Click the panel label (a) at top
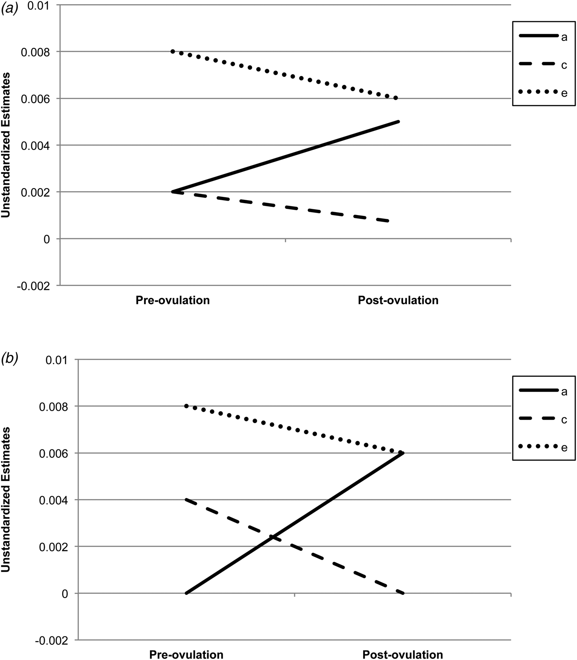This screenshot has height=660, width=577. click(9, 9)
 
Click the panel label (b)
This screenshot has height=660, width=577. click(9, 358)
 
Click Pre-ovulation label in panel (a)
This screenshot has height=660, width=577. click(173, 300)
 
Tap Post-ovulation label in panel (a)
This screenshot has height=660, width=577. click(398, 300)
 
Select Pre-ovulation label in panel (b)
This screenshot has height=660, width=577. click(186, 654)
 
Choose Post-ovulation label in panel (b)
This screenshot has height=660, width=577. click(403, 654)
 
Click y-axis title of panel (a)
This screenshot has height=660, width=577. click(7, 145)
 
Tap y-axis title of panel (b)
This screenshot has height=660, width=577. click(7, 500)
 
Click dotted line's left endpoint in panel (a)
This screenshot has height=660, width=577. click(173, 52)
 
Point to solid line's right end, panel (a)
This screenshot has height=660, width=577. click(399, 121)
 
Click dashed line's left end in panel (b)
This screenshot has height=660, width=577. click(186, 500)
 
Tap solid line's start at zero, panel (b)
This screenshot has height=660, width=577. click(186, 593)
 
